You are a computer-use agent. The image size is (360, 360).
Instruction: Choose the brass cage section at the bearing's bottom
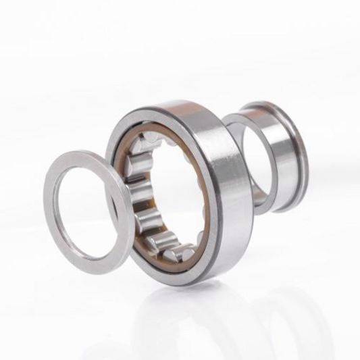click(169, 260)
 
